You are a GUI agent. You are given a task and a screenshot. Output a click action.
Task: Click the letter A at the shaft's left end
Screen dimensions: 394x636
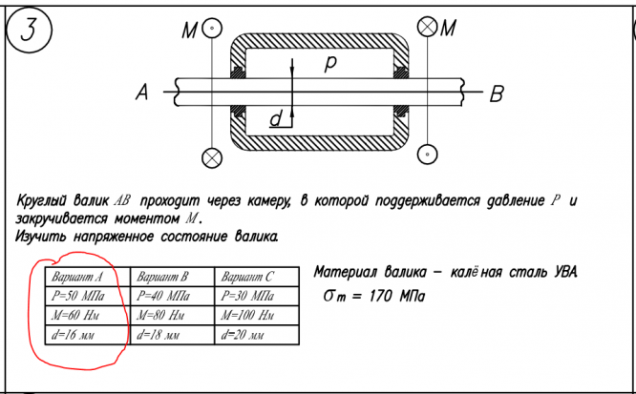143,93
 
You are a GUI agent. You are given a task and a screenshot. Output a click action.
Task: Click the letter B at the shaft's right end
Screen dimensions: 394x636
497,93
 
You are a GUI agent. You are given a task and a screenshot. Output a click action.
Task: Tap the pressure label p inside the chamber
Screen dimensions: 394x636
330,63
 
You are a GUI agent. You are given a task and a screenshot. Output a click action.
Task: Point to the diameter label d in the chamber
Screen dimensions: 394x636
276,119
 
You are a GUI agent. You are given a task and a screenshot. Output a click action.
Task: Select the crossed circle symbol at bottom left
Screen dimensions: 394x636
213,156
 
